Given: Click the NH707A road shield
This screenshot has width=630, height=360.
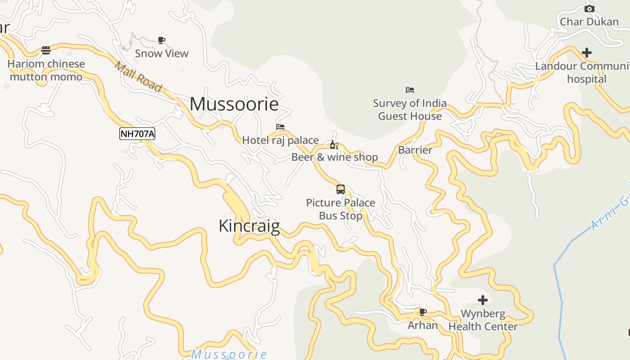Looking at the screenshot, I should [x=137, y=133].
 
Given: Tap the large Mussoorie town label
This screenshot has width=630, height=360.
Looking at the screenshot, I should [x=234, y=104].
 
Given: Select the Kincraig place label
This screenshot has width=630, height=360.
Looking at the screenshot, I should [x=249, y=225].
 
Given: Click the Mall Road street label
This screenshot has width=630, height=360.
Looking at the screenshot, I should [x=138, y=77].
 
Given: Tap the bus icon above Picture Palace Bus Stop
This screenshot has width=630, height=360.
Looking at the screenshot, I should [x=341, y=189].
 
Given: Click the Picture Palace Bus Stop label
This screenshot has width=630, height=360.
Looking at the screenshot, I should [x=341, y=209].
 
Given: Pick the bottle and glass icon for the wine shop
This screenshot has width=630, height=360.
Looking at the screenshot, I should [x=334, y=144].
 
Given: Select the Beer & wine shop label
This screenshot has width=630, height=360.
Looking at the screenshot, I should [x=335, y=157].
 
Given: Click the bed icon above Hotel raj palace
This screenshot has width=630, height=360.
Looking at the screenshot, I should [x=280, y=127].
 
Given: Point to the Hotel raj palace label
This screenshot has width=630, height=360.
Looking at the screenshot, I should [x=280, y=140].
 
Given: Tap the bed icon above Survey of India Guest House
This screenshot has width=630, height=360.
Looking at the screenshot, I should [x=409, y=90].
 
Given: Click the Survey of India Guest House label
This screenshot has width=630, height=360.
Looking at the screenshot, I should [x=409, y=109].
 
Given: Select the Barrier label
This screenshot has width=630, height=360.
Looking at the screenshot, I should [x=415, y=150].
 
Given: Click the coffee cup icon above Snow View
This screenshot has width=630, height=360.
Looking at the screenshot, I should [x=162, y=40].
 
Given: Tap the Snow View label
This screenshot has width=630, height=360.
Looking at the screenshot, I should [x=162, y=53].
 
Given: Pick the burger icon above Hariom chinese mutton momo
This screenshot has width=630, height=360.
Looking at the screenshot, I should [x=46, y=50].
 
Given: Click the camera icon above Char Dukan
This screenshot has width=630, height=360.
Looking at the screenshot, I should [x=589, y=9].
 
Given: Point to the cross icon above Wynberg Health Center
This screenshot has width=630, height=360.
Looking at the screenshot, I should [x=483, y=300].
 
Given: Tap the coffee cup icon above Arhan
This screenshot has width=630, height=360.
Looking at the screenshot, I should [x=423, y=312].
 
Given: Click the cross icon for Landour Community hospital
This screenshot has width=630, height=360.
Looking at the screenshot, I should [x=586, y=53].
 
